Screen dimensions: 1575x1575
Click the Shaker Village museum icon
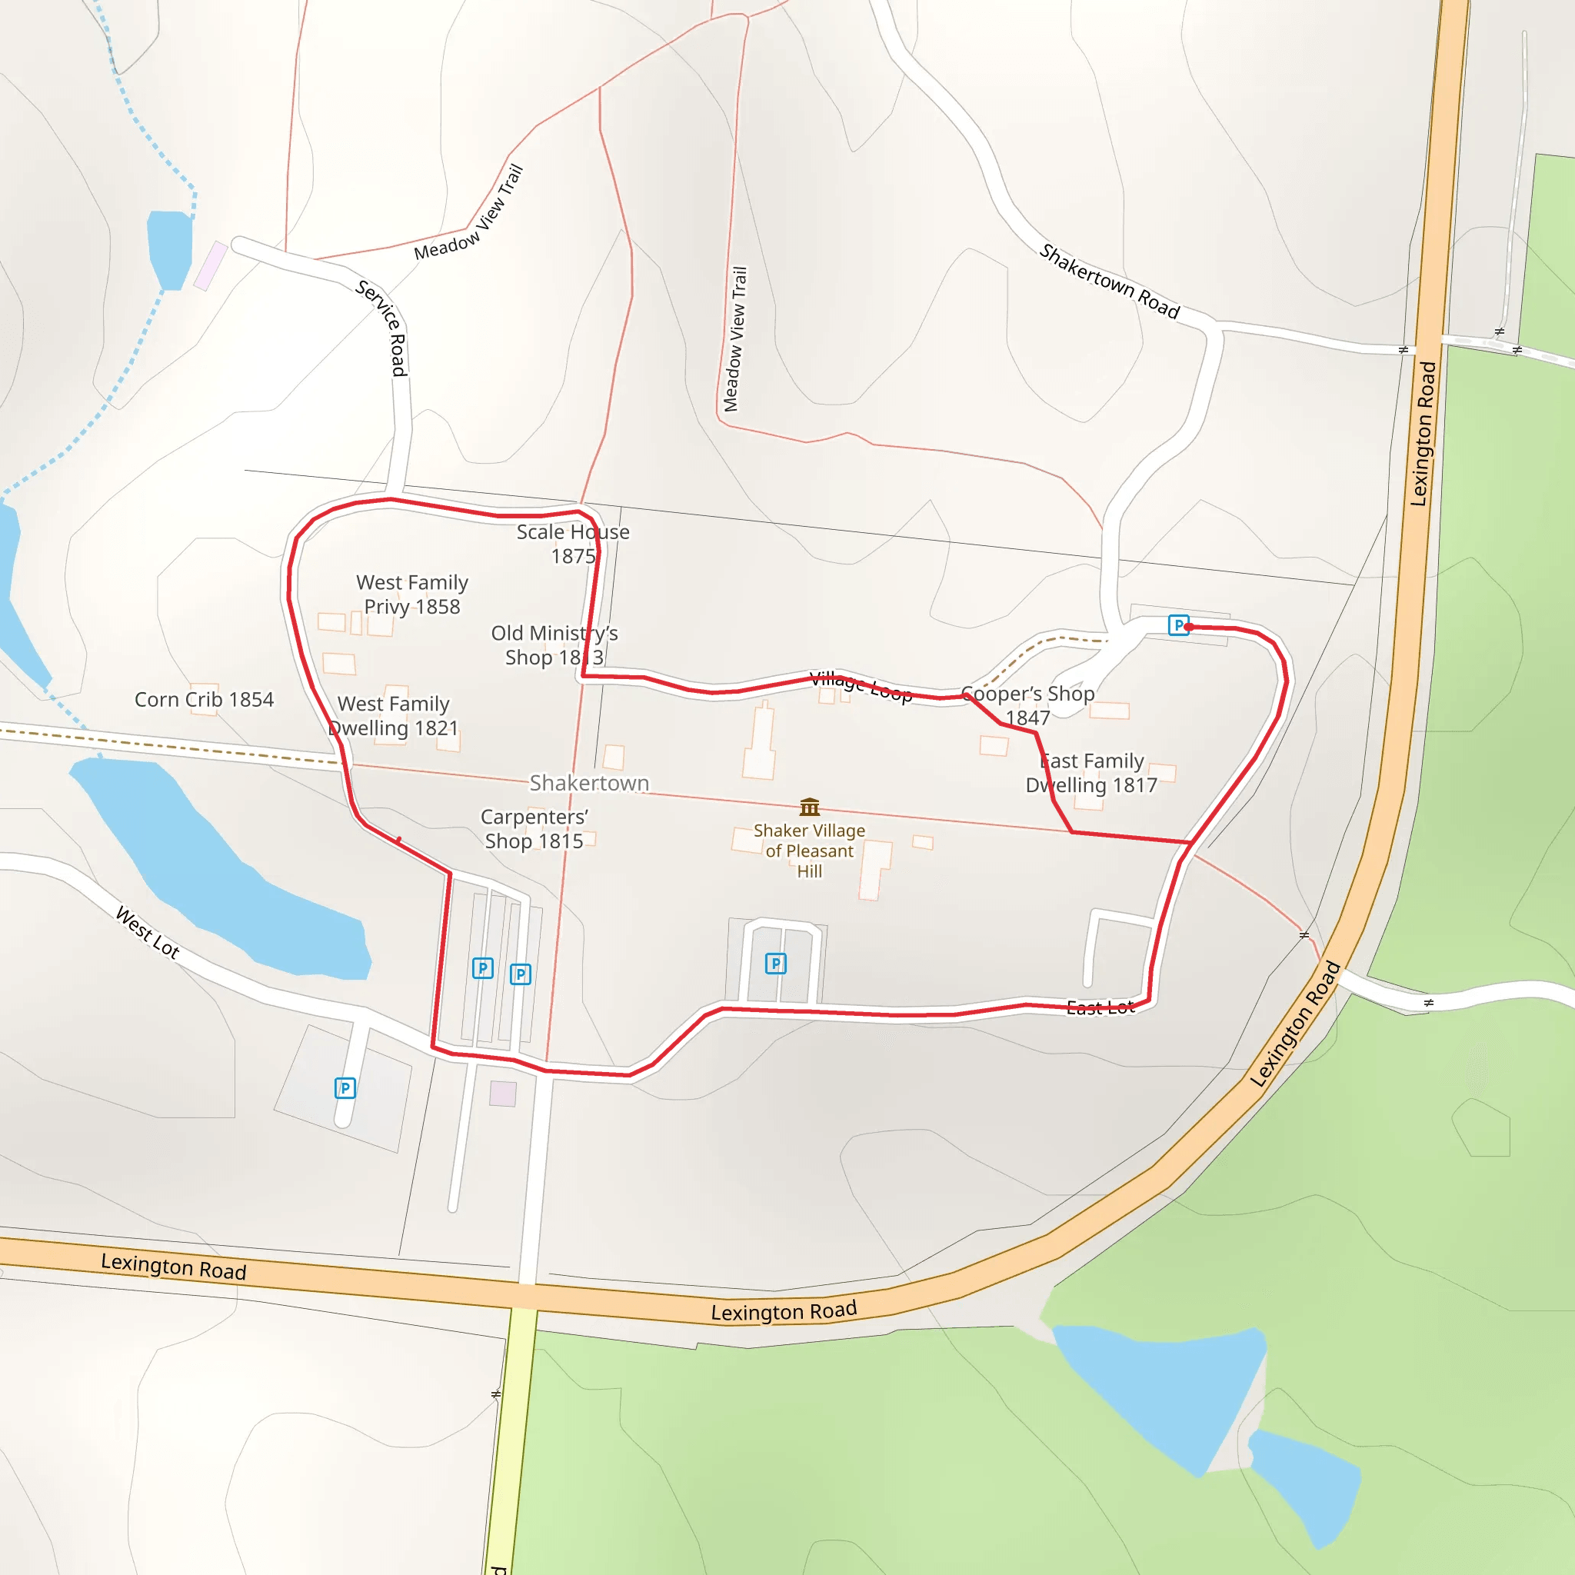coord(810,807)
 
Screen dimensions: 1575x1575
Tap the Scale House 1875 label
coord(573,544)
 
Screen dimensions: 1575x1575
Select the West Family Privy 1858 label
coord(412,594)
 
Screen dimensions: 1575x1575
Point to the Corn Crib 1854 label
coord(204,700)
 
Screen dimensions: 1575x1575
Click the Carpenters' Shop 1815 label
coord(534,828)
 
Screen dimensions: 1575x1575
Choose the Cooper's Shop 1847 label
coord(1028,705)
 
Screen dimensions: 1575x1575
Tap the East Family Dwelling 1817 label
coord(1091,773)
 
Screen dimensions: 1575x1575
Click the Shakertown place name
coord(589,783)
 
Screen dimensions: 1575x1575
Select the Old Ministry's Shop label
coord(554,644)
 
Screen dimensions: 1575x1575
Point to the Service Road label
coord(383,328)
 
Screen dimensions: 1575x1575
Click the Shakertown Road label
coord(1110,281)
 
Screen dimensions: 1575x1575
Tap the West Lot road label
coord(148,932)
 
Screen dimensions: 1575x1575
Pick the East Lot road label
coord(1101,1007)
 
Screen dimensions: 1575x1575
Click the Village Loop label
coord(861,687)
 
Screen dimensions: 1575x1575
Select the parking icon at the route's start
coord(1178,625)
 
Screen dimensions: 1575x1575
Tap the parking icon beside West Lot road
coord(345,1088)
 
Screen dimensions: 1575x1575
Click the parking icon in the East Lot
coord(775,964)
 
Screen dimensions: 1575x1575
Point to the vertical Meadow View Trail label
coord(734,339)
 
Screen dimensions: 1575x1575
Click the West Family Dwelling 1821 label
coord(394,716)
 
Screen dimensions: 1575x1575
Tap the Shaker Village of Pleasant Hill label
coord(810,851)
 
